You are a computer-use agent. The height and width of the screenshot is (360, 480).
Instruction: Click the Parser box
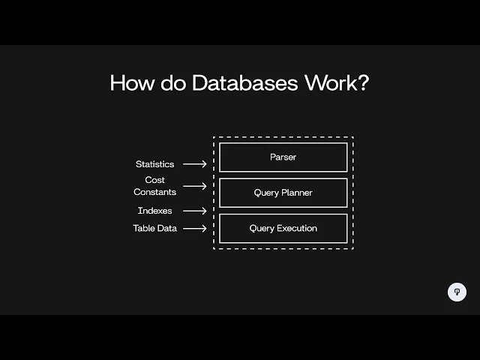point(283,157)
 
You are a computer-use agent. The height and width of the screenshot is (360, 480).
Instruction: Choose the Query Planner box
point(283,193)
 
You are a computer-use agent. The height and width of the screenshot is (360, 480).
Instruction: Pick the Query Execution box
point(283,228)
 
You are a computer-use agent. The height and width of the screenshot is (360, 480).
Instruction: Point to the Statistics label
point(154,164)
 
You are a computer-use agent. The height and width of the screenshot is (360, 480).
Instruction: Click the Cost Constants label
point(154,186)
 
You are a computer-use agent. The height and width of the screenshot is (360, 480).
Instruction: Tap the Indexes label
point(154,211)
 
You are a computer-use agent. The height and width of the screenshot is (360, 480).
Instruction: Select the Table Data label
point(155,228)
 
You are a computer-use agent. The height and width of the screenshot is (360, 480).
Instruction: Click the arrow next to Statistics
point(194,164)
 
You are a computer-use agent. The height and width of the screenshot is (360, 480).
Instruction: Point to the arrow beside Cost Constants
point(194,186)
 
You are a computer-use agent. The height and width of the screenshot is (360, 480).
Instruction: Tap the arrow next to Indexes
point(194,211)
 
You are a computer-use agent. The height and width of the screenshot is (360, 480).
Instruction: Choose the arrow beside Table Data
point(194,228)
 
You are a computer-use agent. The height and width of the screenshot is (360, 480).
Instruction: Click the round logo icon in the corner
point(457,292)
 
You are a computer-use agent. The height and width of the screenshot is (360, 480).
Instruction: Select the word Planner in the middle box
point(296,193)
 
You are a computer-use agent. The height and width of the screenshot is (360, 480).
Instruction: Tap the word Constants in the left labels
point(154,192)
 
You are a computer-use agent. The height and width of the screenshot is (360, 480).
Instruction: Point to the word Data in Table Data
point(168,228)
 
